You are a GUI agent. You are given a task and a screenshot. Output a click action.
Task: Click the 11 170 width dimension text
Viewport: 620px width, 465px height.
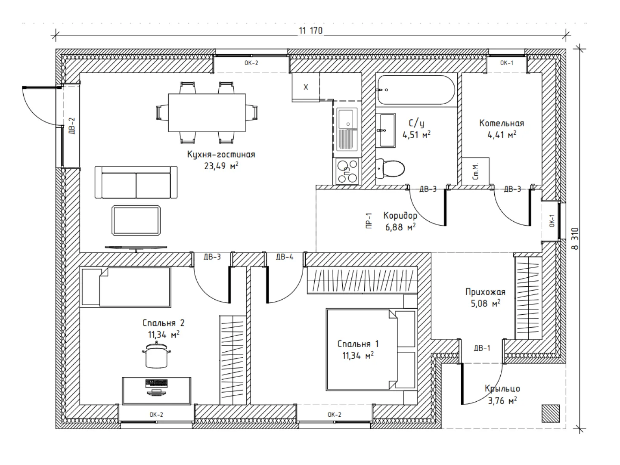[311, 31]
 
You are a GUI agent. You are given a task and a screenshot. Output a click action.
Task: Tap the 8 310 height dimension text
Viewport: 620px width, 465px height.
[574, 239]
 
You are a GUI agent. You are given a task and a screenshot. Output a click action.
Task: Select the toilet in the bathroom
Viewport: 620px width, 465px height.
[390, 168]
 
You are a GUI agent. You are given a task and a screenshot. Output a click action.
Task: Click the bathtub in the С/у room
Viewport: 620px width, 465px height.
[416, 90]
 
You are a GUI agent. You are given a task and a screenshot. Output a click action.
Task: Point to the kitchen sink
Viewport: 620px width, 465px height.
[347, 129]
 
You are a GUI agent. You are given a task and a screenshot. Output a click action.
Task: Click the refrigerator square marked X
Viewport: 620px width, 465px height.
[306, 87]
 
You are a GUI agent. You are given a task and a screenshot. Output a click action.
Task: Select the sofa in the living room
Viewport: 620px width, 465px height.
[136, 182]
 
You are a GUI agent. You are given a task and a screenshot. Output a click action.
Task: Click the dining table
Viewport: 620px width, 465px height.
[207, 113]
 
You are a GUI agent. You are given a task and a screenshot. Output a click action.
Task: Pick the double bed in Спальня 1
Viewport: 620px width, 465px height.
[372, 350]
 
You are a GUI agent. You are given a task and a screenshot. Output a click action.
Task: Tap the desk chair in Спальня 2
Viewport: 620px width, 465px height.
[156, 355]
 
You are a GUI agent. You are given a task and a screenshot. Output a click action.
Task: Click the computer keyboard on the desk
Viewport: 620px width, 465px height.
[156, 383]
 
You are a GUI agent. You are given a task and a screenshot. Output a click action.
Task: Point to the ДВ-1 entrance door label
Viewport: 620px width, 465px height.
[482, 348]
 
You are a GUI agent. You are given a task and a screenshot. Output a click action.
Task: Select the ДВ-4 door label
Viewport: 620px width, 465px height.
[285, 257]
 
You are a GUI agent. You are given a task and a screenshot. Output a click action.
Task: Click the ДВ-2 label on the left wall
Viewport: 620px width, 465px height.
[72, 126]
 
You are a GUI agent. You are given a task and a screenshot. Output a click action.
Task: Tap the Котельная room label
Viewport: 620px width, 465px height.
[502, 123]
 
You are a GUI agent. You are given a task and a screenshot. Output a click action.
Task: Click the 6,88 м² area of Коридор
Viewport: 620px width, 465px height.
[400, 227]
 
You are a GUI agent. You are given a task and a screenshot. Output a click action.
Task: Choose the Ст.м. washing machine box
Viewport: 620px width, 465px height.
[475, 171]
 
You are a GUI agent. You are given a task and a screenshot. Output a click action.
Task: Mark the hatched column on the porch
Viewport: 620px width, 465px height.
[551, 413]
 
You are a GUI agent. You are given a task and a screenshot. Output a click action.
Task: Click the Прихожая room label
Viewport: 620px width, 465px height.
[485, 291]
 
